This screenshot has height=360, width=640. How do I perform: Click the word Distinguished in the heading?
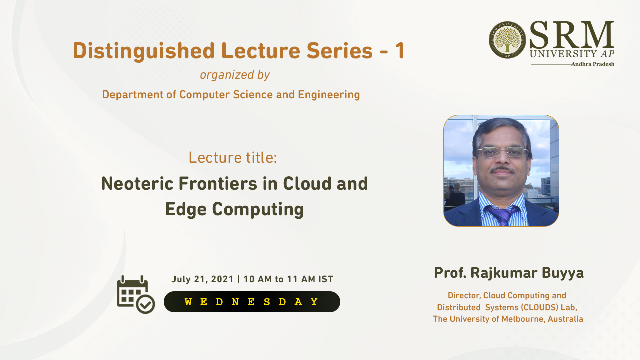click(143, 51)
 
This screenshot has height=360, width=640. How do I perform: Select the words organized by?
click(235, 75)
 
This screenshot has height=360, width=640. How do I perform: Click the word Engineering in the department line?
click(329, 95)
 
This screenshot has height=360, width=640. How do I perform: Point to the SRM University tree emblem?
click(507, 40)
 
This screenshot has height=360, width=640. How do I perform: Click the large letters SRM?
click(572, 35)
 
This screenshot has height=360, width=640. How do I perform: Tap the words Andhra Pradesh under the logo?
click(593, 64)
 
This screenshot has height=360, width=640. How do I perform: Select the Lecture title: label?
click(233, 158)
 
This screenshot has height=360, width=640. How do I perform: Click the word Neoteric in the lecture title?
click(137, 183)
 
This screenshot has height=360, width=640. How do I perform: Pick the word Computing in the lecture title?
click(258, 209)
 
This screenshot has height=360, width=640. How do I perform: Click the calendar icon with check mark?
click(135, 295)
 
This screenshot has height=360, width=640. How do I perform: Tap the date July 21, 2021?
click(202, 279)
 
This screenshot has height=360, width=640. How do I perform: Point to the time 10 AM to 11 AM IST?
click(288, 279)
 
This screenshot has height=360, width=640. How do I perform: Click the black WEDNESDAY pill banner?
click(252, 302)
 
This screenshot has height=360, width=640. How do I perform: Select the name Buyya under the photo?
click(563, 273)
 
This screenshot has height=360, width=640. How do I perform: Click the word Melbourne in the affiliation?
click(522, 319)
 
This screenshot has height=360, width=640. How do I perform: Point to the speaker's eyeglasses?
click(503, 152)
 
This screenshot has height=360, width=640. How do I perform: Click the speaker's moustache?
click(502, 170)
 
